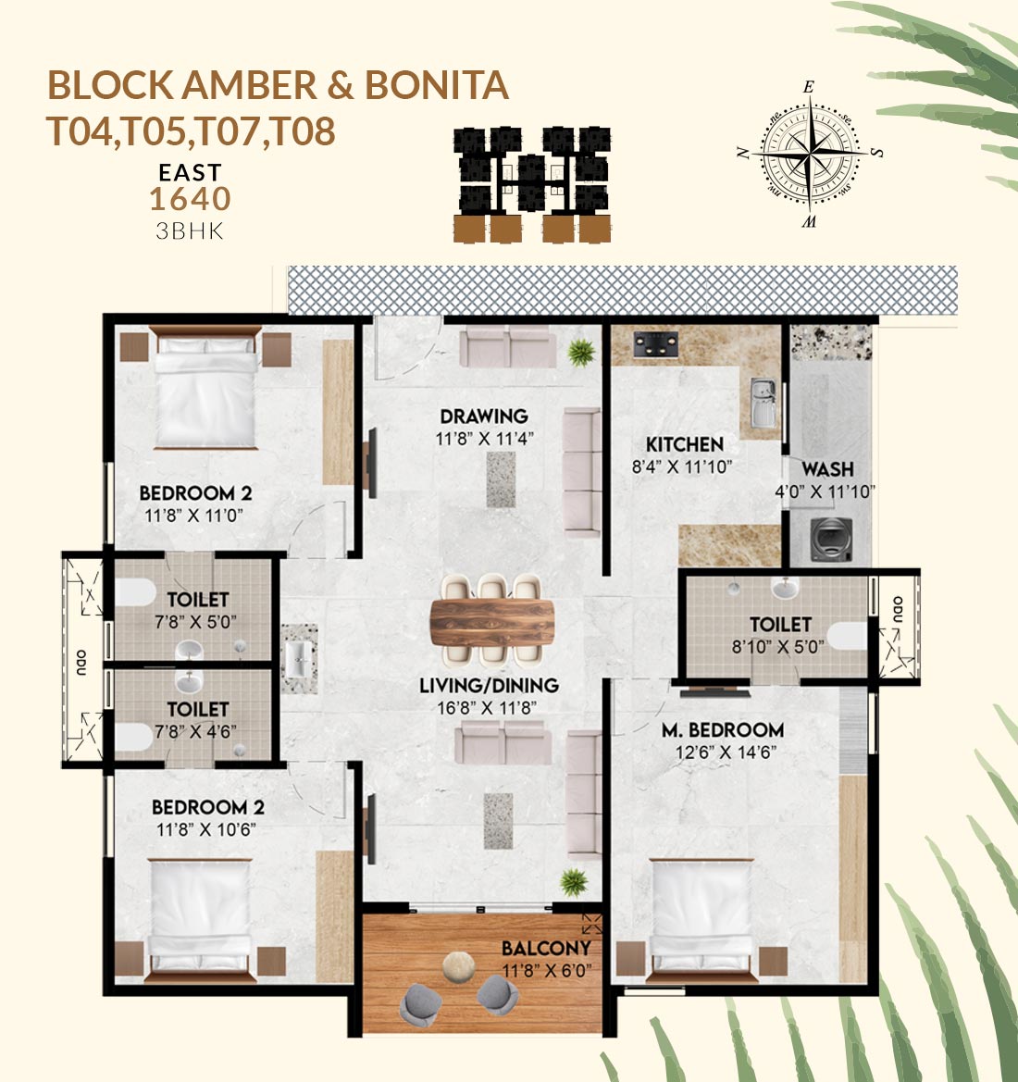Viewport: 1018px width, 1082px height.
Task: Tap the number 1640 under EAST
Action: [190, 199]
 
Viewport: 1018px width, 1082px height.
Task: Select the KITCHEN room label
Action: [685, 444]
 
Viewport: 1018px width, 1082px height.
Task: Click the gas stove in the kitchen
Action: [655, 344]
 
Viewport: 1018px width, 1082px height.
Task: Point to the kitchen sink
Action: [763, 403]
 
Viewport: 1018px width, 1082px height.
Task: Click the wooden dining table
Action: [492, 622]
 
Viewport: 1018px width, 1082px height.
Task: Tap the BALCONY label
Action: [546, 948]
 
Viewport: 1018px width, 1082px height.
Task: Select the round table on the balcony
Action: [458, 965]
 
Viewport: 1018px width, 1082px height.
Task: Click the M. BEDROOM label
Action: [723, 730]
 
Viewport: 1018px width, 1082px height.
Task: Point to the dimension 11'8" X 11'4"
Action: [485, 439]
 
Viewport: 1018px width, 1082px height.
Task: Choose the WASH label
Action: [827, 469]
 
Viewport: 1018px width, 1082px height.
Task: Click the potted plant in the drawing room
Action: [581, 353]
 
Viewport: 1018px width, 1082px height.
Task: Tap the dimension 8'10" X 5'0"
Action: [777, 647]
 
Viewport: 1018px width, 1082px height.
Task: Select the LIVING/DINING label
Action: [489, 685]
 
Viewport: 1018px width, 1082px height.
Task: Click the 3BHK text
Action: [190, 230]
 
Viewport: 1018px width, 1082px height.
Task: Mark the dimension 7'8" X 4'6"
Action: [195, 731]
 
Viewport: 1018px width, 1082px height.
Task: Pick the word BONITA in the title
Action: [436, 85]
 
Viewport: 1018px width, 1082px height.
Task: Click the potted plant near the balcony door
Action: [574, 883]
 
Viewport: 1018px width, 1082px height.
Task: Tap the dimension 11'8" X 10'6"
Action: [205, 830]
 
